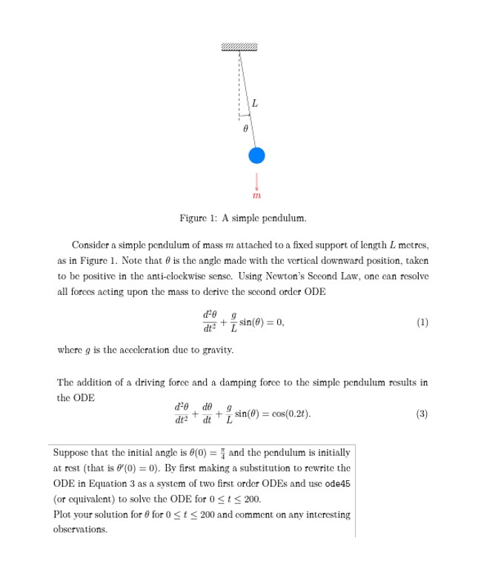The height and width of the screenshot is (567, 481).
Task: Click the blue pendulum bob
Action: click(256, 155)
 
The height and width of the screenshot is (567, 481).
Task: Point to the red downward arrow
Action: click(256, 182)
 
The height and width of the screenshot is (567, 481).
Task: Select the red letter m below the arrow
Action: click(256, 196)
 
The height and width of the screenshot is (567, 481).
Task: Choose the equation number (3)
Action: click(422, 414)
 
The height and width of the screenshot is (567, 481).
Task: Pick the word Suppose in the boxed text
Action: click(71, 452)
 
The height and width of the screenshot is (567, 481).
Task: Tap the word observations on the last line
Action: click(79, 530)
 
